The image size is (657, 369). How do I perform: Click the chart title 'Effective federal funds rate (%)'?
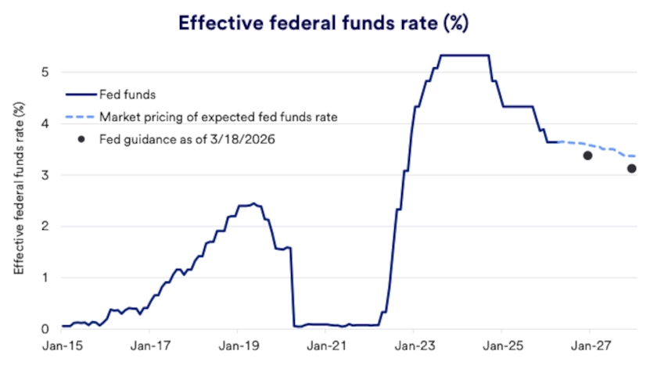323,22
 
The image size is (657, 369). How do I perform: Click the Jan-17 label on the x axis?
151,346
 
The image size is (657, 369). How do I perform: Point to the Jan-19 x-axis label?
239,346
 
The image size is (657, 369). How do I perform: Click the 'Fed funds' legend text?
126,95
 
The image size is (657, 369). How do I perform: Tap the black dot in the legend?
81,140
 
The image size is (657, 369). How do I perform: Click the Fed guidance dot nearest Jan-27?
587,156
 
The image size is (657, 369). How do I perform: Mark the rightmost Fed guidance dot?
632,168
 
